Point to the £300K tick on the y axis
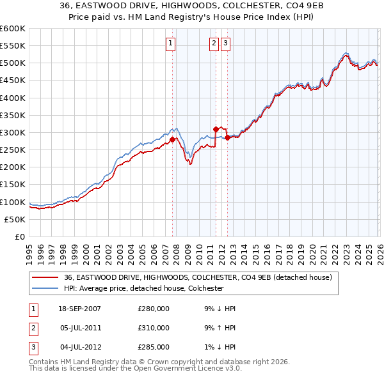coord(13,132)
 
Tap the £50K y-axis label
coord(15,219)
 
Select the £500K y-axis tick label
coord(13,63)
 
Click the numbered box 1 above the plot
coord(171,43)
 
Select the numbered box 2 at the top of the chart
coord(214,43)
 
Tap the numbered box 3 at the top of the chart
coord(226,43)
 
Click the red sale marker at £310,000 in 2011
coord(216,129)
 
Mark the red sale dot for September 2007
coord(173,139)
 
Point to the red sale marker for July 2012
coord(227,137)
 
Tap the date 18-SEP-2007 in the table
coord(79,309)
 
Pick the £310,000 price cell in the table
coord(154,328)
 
